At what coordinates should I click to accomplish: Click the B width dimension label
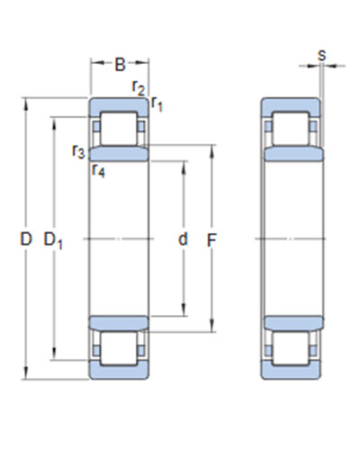[x=120, y=64]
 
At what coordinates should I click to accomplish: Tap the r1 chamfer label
[x=157, y=103]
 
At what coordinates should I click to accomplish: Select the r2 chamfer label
[x=139, y=88]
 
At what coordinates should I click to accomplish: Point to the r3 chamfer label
[x=78, y=151]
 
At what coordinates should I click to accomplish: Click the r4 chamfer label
[x=99, y=171]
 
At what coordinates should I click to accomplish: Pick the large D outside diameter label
[x=26, y=239]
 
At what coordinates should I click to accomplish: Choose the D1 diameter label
[x=53, y=240]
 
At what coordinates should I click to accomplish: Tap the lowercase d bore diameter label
[x=183, y=239]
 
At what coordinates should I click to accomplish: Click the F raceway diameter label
[x=211, y=240]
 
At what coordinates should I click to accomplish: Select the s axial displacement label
[x=321, y=55]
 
